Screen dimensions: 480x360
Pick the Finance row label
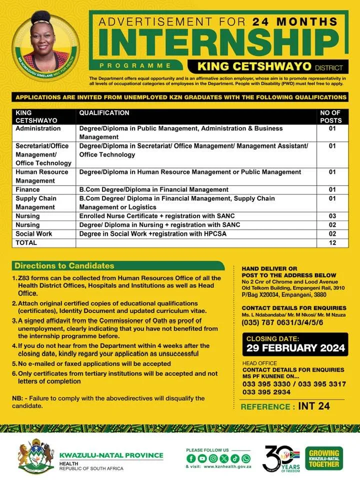[27, 189]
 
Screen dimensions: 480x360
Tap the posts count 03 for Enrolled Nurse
[332, 216]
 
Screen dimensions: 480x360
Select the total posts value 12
[332, 242]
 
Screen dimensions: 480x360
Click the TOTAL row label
[26, 242]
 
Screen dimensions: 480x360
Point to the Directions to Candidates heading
[64, 265]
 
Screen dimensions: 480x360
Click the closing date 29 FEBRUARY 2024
[295, 348]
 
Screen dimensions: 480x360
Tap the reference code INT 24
[313, 406]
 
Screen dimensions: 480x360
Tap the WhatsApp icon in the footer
[246, 458]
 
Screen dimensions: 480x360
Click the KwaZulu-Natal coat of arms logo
[35, 456]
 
